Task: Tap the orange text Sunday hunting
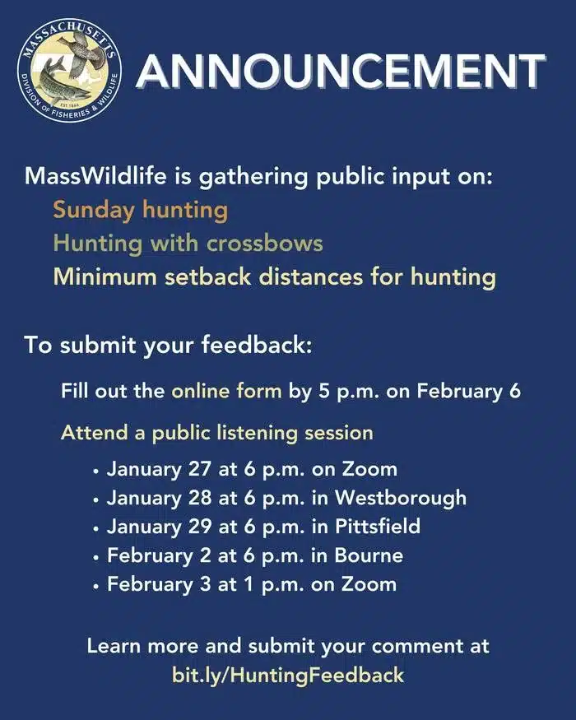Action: [x=140, y=210]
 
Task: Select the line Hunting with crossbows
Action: [x=188, y=244]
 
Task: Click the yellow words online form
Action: [x=226, y=390]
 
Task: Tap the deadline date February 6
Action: [x=469, y=390]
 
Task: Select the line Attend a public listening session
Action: [x=216, y=432]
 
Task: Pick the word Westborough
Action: [x=400, y=498]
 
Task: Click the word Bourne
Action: [x=369, y=555]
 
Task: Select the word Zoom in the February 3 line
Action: [x=370, y=584]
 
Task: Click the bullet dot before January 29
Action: [x=96, y=528]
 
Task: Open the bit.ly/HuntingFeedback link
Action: [x=288, y=676]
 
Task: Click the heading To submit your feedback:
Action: [x=168, y=345]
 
